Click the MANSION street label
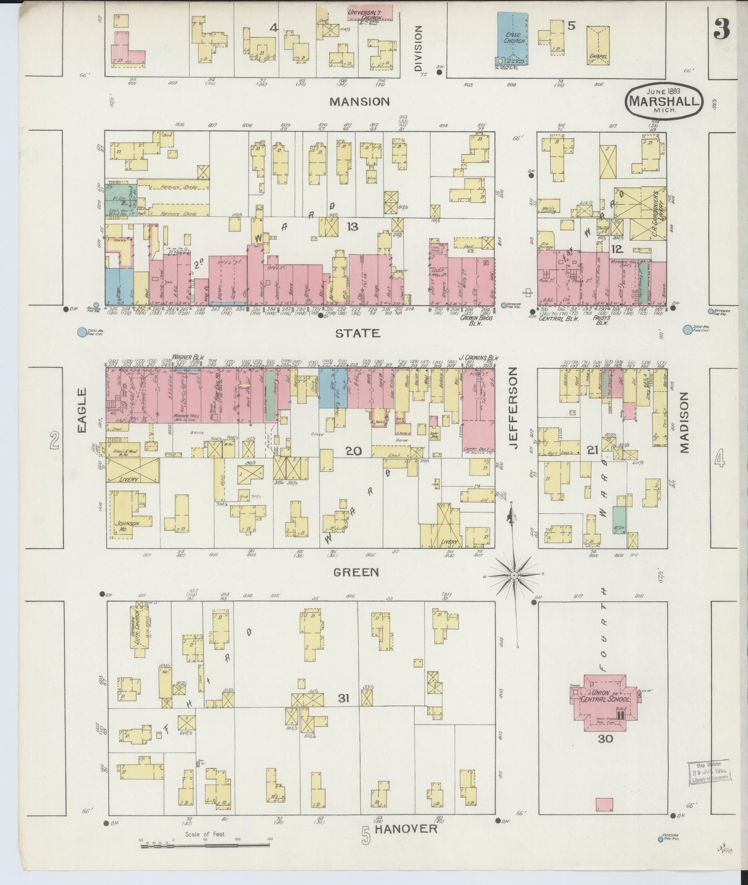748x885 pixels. click(x=360, y=102)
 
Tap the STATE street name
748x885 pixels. click(x=357, y=333)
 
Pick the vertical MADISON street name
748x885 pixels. click(x=685, y=422)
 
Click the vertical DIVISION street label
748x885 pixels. click(x=418, y=49)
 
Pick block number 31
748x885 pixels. click(x=343, y=698)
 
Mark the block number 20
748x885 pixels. click(x=354, y=451)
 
